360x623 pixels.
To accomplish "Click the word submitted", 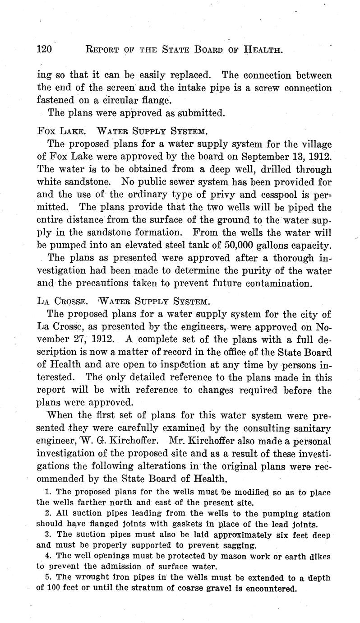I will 198,113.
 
